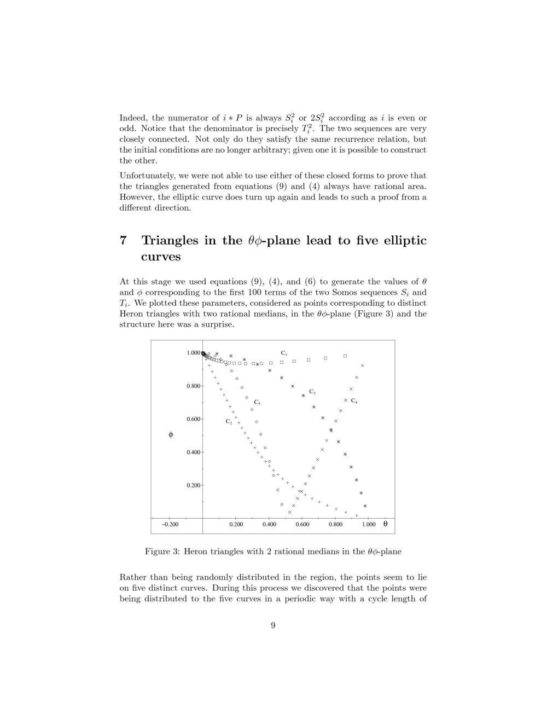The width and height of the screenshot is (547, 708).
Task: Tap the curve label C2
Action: pyautogui.click(x=229, y=422)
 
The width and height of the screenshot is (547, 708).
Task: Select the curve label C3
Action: pyautogui.click(x=312, y=392)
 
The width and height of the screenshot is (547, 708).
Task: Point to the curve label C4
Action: pyautogui.click(x=354, y=401)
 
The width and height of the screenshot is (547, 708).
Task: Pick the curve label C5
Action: pyautogui.click(x=257, y=403)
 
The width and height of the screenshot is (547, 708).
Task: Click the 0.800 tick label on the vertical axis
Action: pyautogui.click(x=194, y=386)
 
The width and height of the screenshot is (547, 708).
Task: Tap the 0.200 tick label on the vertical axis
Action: pyautogui.click(x=194, y=486)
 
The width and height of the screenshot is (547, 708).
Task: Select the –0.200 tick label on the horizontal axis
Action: pyautogui.click(x=170, y=525)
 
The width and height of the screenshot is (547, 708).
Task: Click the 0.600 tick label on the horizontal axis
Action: pyautogui.click(x=302, y=525)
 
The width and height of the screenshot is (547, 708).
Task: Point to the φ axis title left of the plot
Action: pyautogui.click(x=171, y=435)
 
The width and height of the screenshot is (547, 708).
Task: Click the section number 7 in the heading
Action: pyautogui.click(x=123, y=241)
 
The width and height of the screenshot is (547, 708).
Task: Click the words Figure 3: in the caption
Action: pyautogui.click(x=162, y=552)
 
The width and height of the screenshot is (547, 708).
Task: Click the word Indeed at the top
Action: pyautogui.click(x=133, y=118)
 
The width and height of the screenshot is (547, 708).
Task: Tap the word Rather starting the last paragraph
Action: pyautogui.click(x=132, y=577)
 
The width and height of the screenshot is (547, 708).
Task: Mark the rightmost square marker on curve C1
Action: pyautogui.click(x=345, y=356)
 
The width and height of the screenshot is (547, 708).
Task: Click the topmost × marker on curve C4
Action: pyautogui.click(x=362, y=365)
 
